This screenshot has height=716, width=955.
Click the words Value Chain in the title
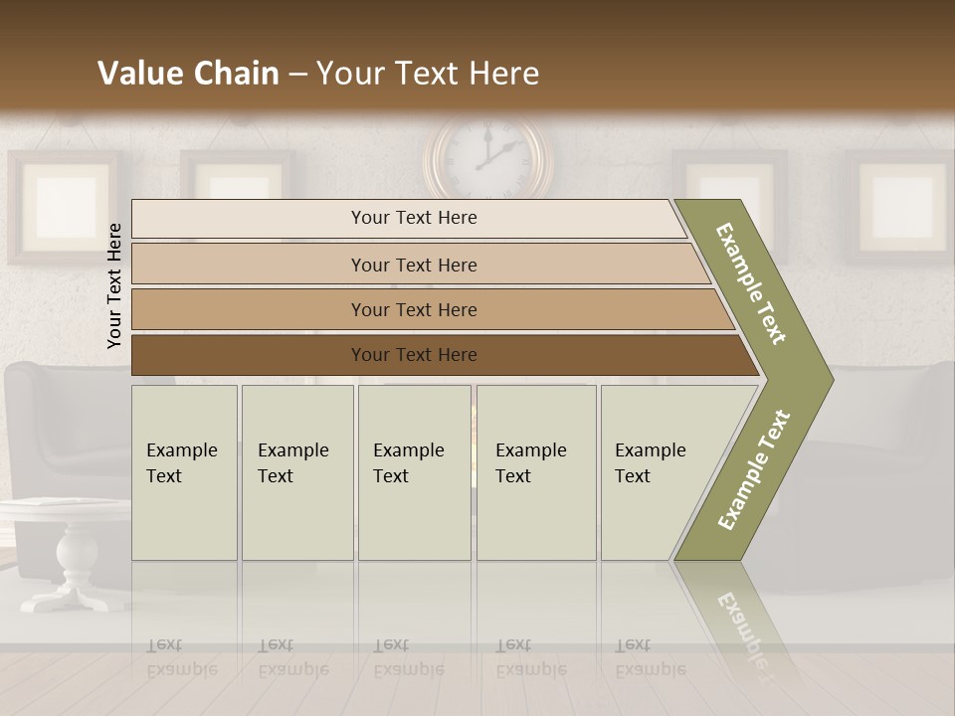[x=188, y=74]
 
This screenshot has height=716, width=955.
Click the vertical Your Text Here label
[x=114, y=285]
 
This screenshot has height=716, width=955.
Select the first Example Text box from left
[x=184, y=472]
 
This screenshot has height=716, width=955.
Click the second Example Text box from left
[x=297, y=472]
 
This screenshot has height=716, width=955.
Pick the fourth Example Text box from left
[x=536, y=472]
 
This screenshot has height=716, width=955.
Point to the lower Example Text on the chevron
[x=754, y=469]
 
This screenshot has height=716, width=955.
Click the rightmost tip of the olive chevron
[x=832, y=379]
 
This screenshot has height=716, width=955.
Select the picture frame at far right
[x=900, y=204]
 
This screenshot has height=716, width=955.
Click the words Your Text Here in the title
[x=428, y=74]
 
